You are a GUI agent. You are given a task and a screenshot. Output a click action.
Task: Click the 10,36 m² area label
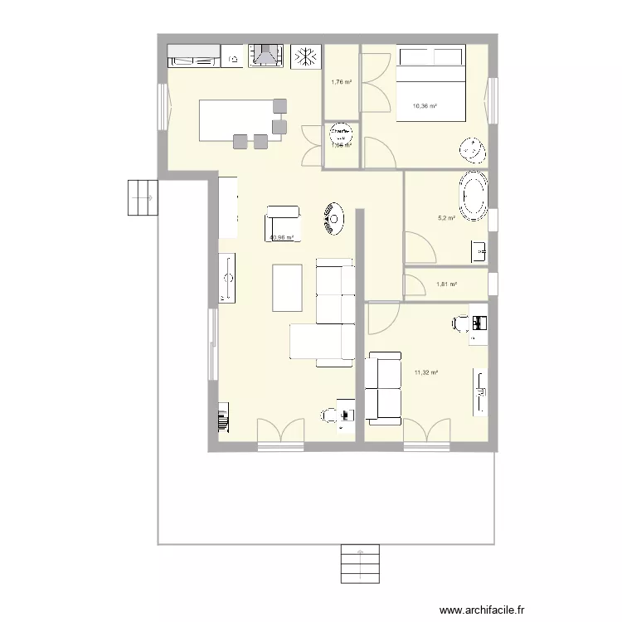click(425, 106)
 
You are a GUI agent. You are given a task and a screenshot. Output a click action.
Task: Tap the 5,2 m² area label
click(446, 218)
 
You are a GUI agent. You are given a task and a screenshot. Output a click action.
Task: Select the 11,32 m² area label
click(425, 373)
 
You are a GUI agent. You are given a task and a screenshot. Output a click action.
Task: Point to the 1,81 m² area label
click(446, 285)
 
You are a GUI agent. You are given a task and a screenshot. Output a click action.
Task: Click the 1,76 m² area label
click(341, 82)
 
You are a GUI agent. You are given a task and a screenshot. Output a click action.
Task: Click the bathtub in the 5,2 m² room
click(474, 197)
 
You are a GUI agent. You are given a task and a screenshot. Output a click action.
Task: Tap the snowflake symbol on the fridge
click(307, 56)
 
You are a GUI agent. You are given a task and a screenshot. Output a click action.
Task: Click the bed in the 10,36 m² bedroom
click(431, 85)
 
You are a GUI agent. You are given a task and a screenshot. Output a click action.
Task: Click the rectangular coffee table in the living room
click(287, 287)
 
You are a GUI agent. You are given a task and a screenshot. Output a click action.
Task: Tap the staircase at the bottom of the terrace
click(359, 564)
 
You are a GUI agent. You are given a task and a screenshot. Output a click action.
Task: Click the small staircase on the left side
click(141, 197)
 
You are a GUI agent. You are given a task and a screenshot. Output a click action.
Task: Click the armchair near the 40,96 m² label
click(282, 223)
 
